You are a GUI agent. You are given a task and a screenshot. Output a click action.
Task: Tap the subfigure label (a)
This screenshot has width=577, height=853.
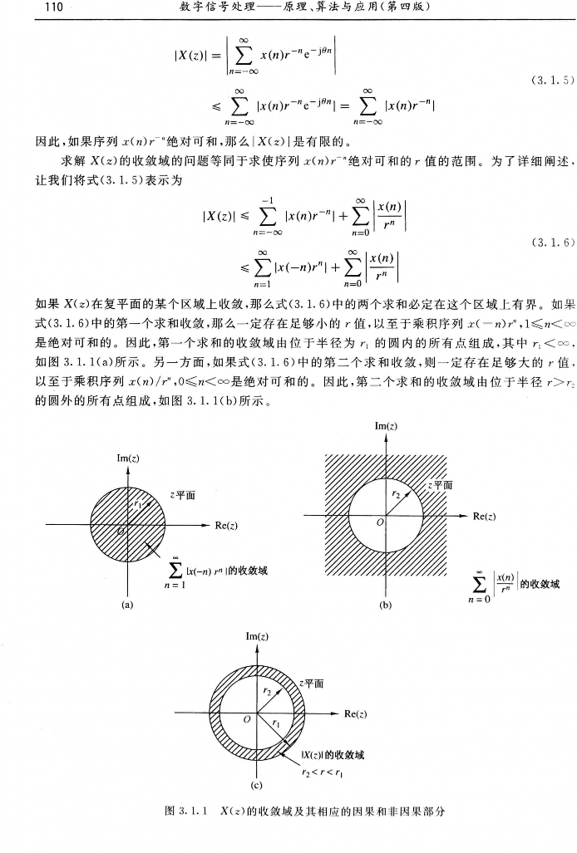tap(126, 605)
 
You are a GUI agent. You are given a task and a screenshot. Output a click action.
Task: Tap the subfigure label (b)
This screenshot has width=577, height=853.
tap(385, 606)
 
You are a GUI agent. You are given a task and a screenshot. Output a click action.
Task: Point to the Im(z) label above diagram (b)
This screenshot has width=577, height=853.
tap(385, 403)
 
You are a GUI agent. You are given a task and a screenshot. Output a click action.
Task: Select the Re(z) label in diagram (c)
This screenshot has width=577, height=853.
tap(355, 713)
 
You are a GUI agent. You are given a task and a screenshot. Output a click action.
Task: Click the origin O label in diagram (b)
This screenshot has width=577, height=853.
tap(380, 522)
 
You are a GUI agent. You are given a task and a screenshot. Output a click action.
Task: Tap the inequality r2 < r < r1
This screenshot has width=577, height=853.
tap(318, 770)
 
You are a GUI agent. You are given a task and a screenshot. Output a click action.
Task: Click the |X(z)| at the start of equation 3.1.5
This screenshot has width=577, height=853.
tap(190, 57)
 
